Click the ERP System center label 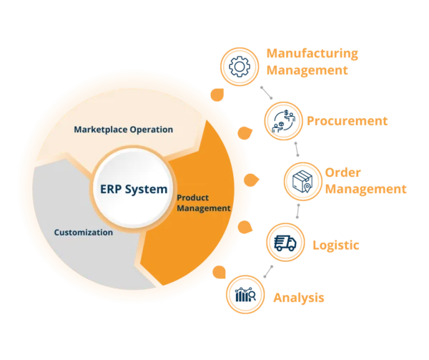pyautogui.click(x=134, y=189)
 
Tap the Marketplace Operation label pyautogui.click(x=124, y=130)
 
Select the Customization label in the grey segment pyautogui.click(x=84, y=233)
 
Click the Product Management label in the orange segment pyautogui.click(x=204, y=203)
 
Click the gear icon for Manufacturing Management pyautogui.click(x=240, y=67)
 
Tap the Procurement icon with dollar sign pyautogui.click(x=283, y=121)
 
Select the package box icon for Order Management pyautogui.click(x=302, y=181)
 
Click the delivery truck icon pyautogui.click(x=285, y=243)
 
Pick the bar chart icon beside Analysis pyautogui.click(x=245, y=295)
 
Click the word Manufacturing pyautogui.click(x=312, y=54)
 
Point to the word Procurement pyautogui.click(x=347, y=121)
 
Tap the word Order pyautogui.click(x=342, y=172)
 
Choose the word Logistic pyautogui.click(x=336, y=245)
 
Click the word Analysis pyautogui.click(x=299, y=298)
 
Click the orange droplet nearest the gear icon pyautogui.click(x=217, y=94)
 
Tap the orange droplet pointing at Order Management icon pyautogui.click(x=251, y=180)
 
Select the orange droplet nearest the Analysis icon pyautogui.click(x=220, y=272)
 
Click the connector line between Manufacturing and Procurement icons pyautogui.click(x=267, y=93)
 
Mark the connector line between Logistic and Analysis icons pyautogui.click(x=268, y=271)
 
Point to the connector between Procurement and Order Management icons pyautogui.click(x=297, y=149)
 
